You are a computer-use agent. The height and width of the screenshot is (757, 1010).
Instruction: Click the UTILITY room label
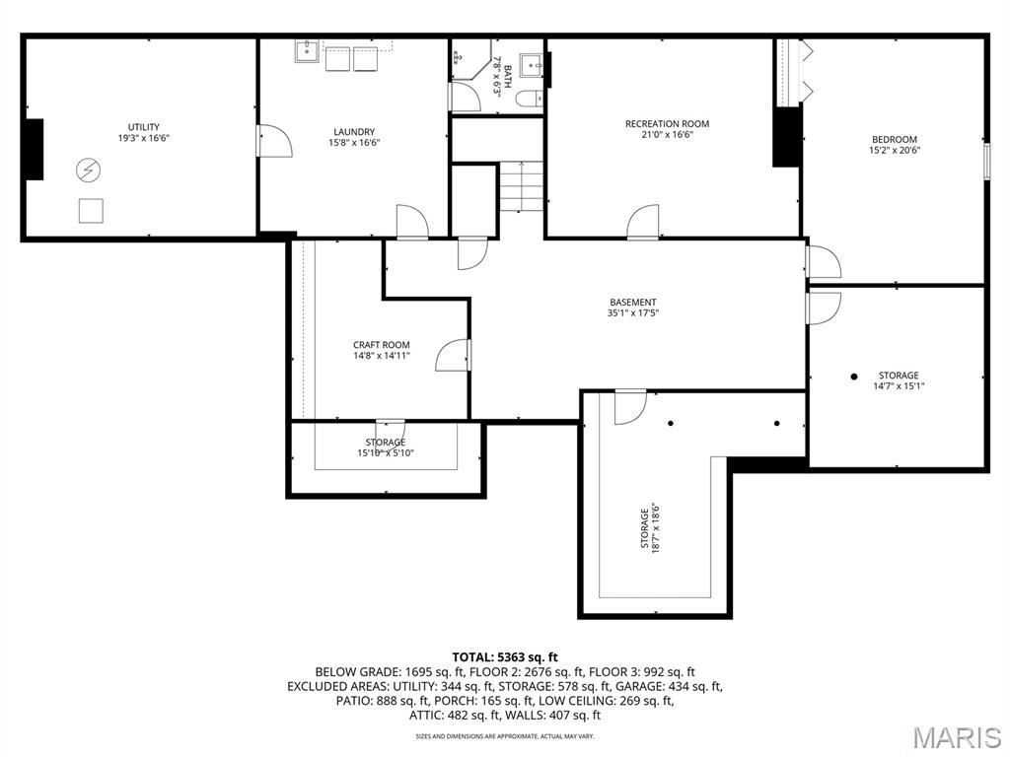click(143, 127)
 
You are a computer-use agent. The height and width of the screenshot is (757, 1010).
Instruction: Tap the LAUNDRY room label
click(353, 132)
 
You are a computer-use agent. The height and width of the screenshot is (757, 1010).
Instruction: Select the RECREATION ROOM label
click(667, 124)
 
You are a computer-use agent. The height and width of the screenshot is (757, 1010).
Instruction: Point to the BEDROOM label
click(894, 140)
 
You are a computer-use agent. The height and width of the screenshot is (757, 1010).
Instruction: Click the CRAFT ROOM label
click(382, 345)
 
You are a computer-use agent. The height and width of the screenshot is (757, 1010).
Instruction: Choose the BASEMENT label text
click(632, 303)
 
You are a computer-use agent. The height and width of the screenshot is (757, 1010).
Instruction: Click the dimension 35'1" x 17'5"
click(632, 313)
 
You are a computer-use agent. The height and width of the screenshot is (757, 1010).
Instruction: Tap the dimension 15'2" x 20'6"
click(894, 152)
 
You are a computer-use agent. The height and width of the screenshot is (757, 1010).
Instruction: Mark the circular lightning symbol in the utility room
click(88, 170)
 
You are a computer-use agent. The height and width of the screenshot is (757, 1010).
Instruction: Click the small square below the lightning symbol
click(91, 210)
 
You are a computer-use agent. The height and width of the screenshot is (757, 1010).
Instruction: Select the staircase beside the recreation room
click(520, 185)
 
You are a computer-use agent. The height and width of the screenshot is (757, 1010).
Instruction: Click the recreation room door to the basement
click(643, 222)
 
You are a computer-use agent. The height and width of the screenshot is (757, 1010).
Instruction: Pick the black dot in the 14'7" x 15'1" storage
click(854, 376)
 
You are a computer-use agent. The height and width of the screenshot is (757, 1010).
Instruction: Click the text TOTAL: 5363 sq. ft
click(505, 656)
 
